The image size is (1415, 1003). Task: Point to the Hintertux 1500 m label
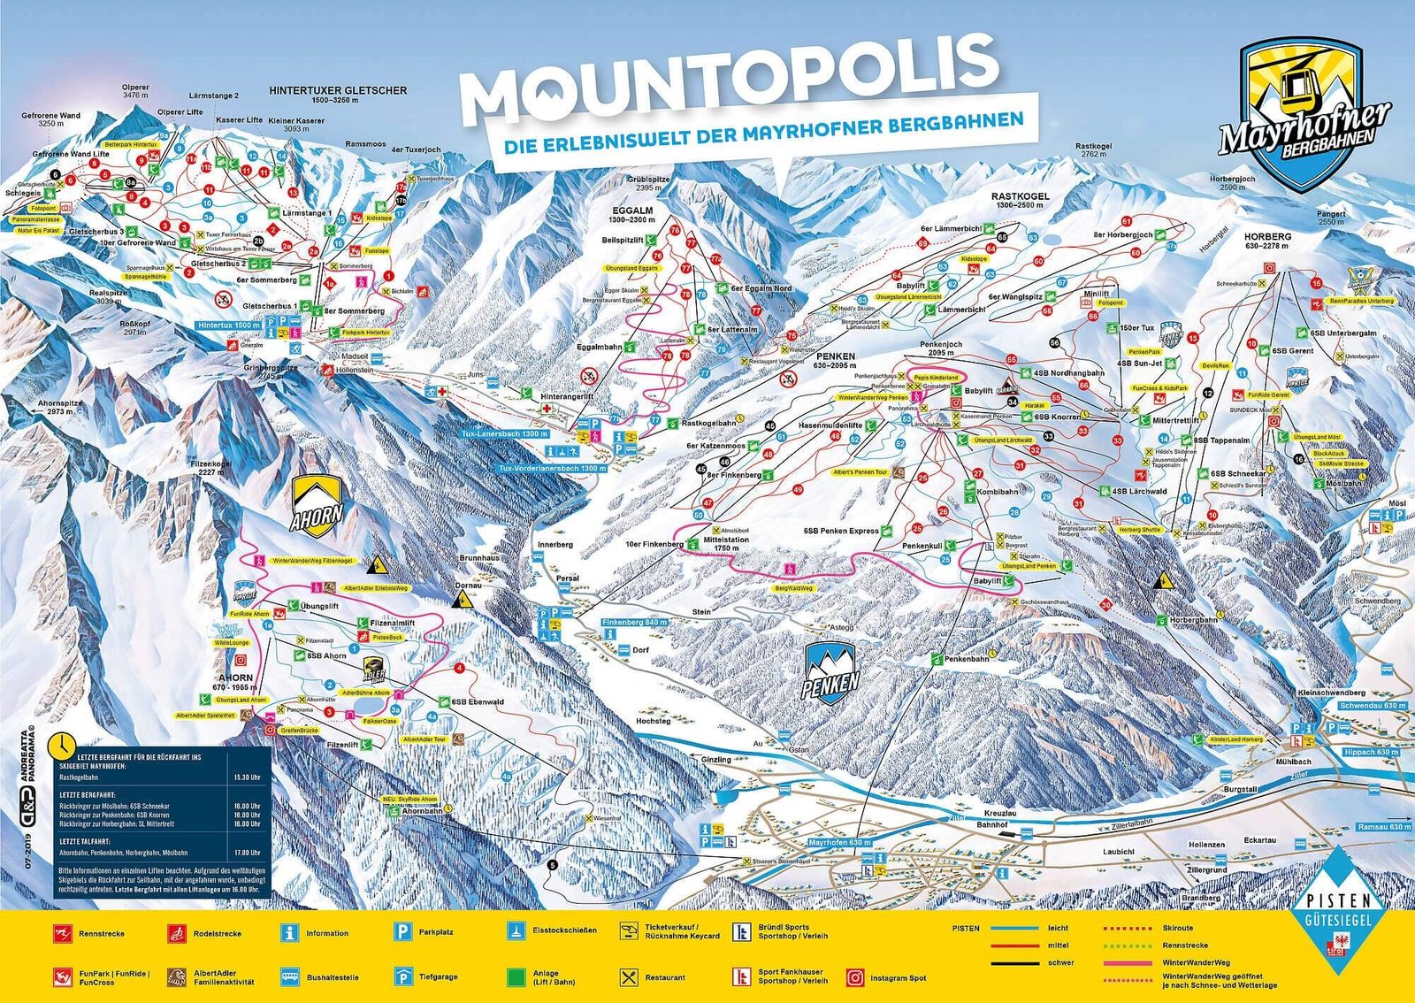(229, 325)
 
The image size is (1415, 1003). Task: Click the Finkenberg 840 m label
(634, 623)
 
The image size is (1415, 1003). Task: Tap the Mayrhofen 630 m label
(839, 843)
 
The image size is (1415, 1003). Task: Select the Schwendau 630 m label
(1372, 706)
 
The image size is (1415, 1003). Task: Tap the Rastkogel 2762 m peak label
(1094, 149)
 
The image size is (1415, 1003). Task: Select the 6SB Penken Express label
(841, 531)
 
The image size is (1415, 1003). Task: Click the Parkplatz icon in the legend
(403, 931)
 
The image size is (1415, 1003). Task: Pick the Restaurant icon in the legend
(629, 977)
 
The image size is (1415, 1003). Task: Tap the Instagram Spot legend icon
(855, 977)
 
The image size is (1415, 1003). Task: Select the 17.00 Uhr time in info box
(249, 853)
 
